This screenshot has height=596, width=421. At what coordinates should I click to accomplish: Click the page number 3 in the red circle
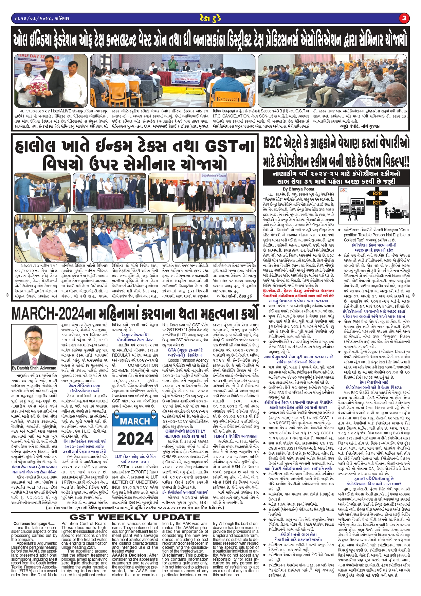tap(404, 18)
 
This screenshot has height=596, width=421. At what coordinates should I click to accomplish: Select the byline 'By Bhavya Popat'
tap(298, 189)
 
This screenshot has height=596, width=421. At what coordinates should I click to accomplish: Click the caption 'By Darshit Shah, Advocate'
tap(34, 368)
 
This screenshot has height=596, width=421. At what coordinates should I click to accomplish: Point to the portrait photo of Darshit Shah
tap(34, 345)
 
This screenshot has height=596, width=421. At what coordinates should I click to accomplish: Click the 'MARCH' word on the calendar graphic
tap(135, 421)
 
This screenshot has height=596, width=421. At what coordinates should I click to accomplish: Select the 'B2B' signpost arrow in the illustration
tap(377, 193)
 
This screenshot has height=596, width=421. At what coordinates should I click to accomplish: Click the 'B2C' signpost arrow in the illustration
tap(377, 202)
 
